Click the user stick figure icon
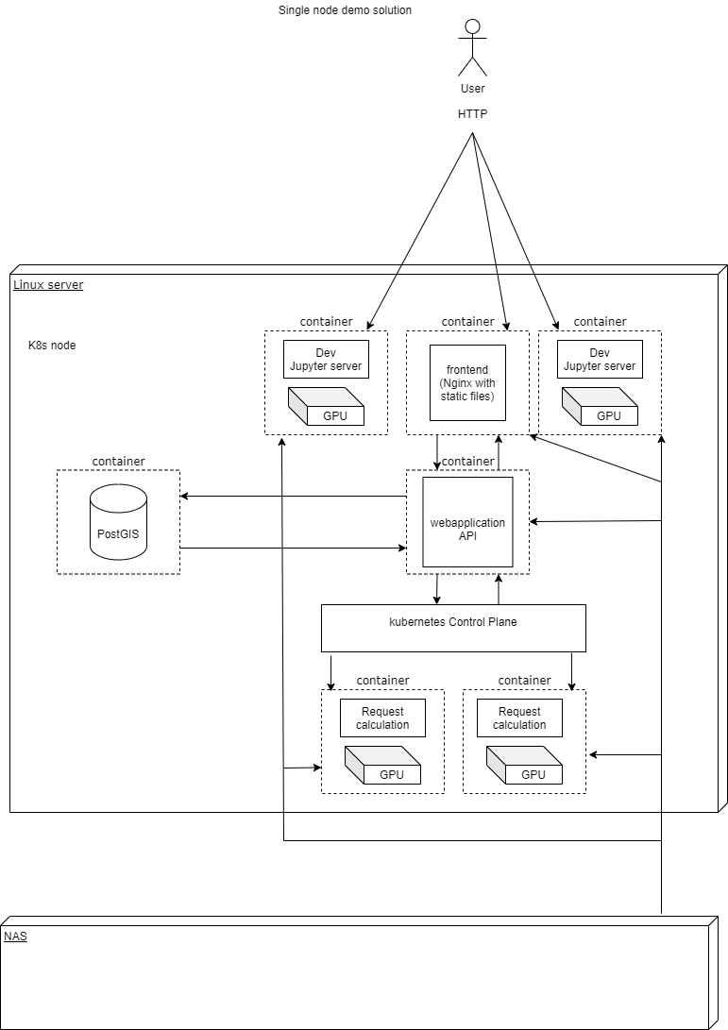click(472, 47)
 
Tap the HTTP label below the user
click(472, 113)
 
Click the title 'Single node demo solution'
click(345, 10)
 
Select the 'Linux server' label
click(48, 284)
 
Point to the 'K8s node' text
click(52, 346)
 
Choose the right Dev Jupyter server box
click(600, 359)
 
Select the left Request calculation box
click(382, 718)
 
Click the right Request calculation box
click(519, 718)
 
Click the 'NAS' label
click(15, 937)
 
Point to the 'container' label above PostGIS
click(118, 461)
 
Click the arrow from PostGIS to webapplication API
click(293, 548)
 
